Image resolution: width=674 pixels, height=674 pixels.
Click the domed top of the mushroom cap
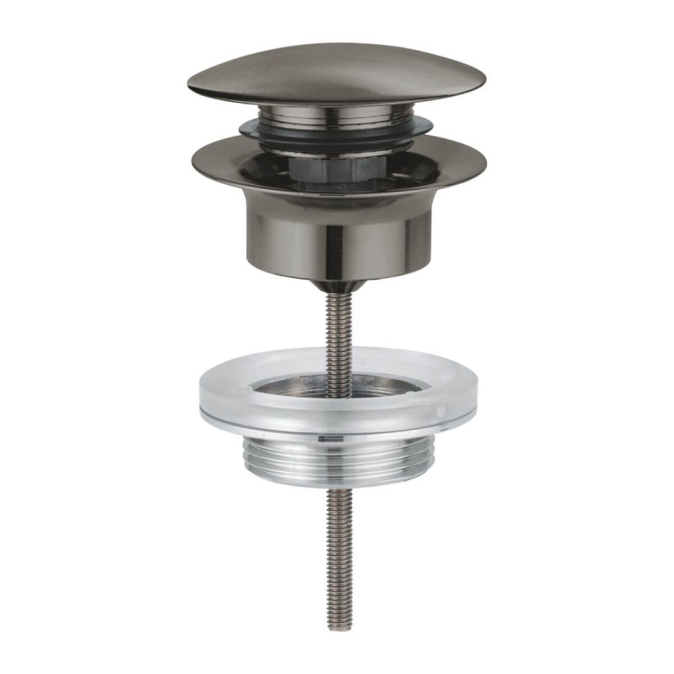click(337, 67)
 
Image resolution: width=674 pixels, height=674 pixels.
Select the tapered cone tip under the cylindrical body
click(337, 282)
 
